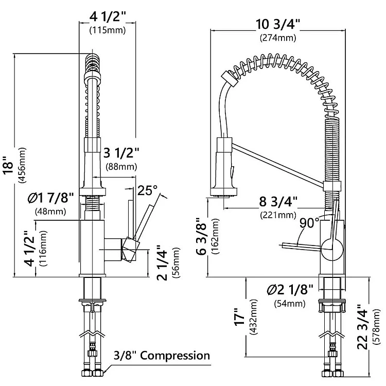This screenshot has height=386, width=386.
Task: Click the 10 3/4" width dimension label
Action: tap(278, 24)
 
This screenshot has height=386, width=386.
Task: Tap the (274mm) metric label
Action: tap(278, 38)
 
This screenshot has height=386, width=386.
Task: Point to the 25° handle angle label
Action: tap(147, 190)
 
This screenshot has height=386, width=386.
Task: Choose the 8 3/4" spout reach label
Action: tap(278, 202)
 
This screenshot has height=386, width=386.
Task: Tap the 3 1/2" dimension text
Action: tap(121, 153)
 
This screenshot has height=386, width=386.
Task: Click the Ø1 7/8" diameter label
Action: tap(51, 198)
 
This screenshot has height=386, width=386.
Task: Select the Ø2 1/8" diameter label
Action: tap(290, 289)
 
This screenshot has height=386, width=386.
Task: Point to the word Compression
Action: tap(175, 356)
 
